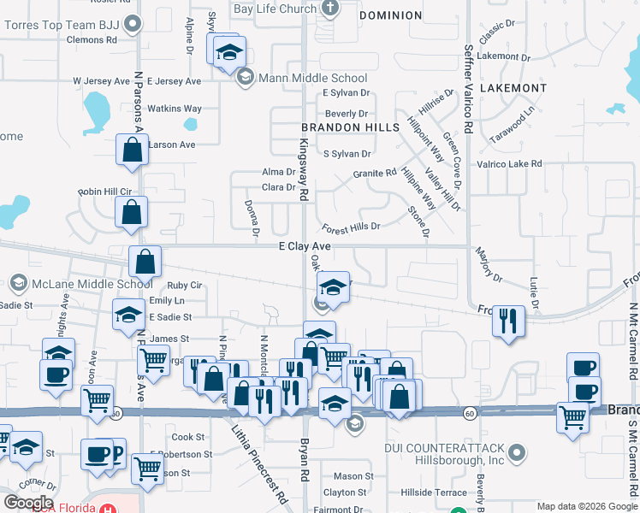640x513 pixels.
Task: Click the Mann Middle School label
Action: click(313, 78)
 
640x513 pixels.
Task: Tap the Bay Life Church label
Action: click(275, 9)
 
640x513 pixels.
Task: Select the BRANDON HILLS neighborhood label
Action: click(351, 127)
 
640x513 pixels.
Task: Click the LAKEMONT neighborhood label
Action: click(513, 88)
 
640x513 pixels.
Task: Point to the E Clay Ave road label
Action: click(305, 245)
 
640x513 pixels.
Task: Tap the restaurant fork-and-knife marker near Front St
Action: click(508, 320)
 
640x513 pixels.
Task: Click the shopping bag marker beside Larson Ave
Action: click(132, 150)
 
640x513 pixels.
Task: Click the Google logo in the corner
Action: click(28, 503)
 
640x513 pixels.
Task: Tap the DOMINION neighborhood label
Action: click(390, 15)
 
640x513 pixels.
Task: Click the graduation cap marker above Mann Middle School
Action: click(228, 51)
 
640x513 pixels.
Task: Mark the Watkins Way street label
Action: click(174, 109)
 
